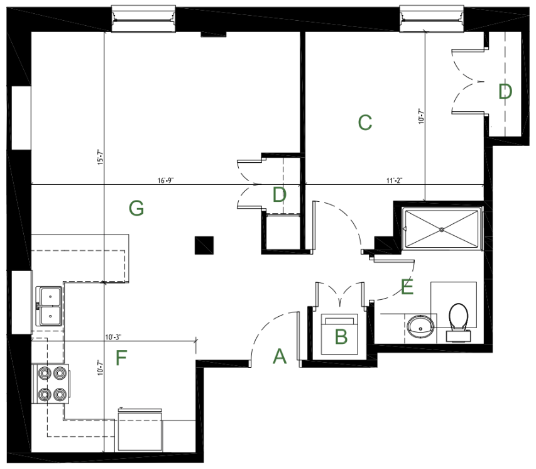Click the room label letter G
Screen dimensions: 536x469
tap(136, 208)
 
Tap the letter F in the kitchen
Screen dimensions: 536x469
tap(121, 358)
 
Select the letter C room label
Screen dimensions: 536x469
tap(364, 123)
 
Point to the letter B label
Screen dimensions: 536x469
tap(341, 336)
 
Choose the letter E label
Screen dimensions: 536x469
tap(407, 287)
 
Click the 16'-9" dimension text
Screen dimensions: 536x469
tap(165, 180)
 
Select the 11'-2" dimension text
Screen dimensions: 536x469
tap(395, 180)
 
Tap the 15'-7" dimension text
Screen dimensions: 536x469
tap(100, 157)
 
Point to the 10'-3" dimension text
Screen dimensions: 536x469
tap(113, 338)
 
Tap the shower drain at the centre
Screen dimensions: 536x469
tap(442, 229)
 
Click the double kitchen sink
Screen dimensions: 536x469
tap(50, 306)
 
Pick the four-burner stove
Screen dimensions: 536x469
tap(51, 384)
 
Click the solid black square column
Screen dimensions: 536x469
tap(204, 245)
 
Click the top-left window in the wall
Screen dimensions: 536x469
tap(143, 18)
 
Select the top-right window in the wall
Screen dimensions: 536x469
tap(432, 18)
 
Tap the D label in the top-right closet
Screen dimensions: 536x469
tap(505, 92)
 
